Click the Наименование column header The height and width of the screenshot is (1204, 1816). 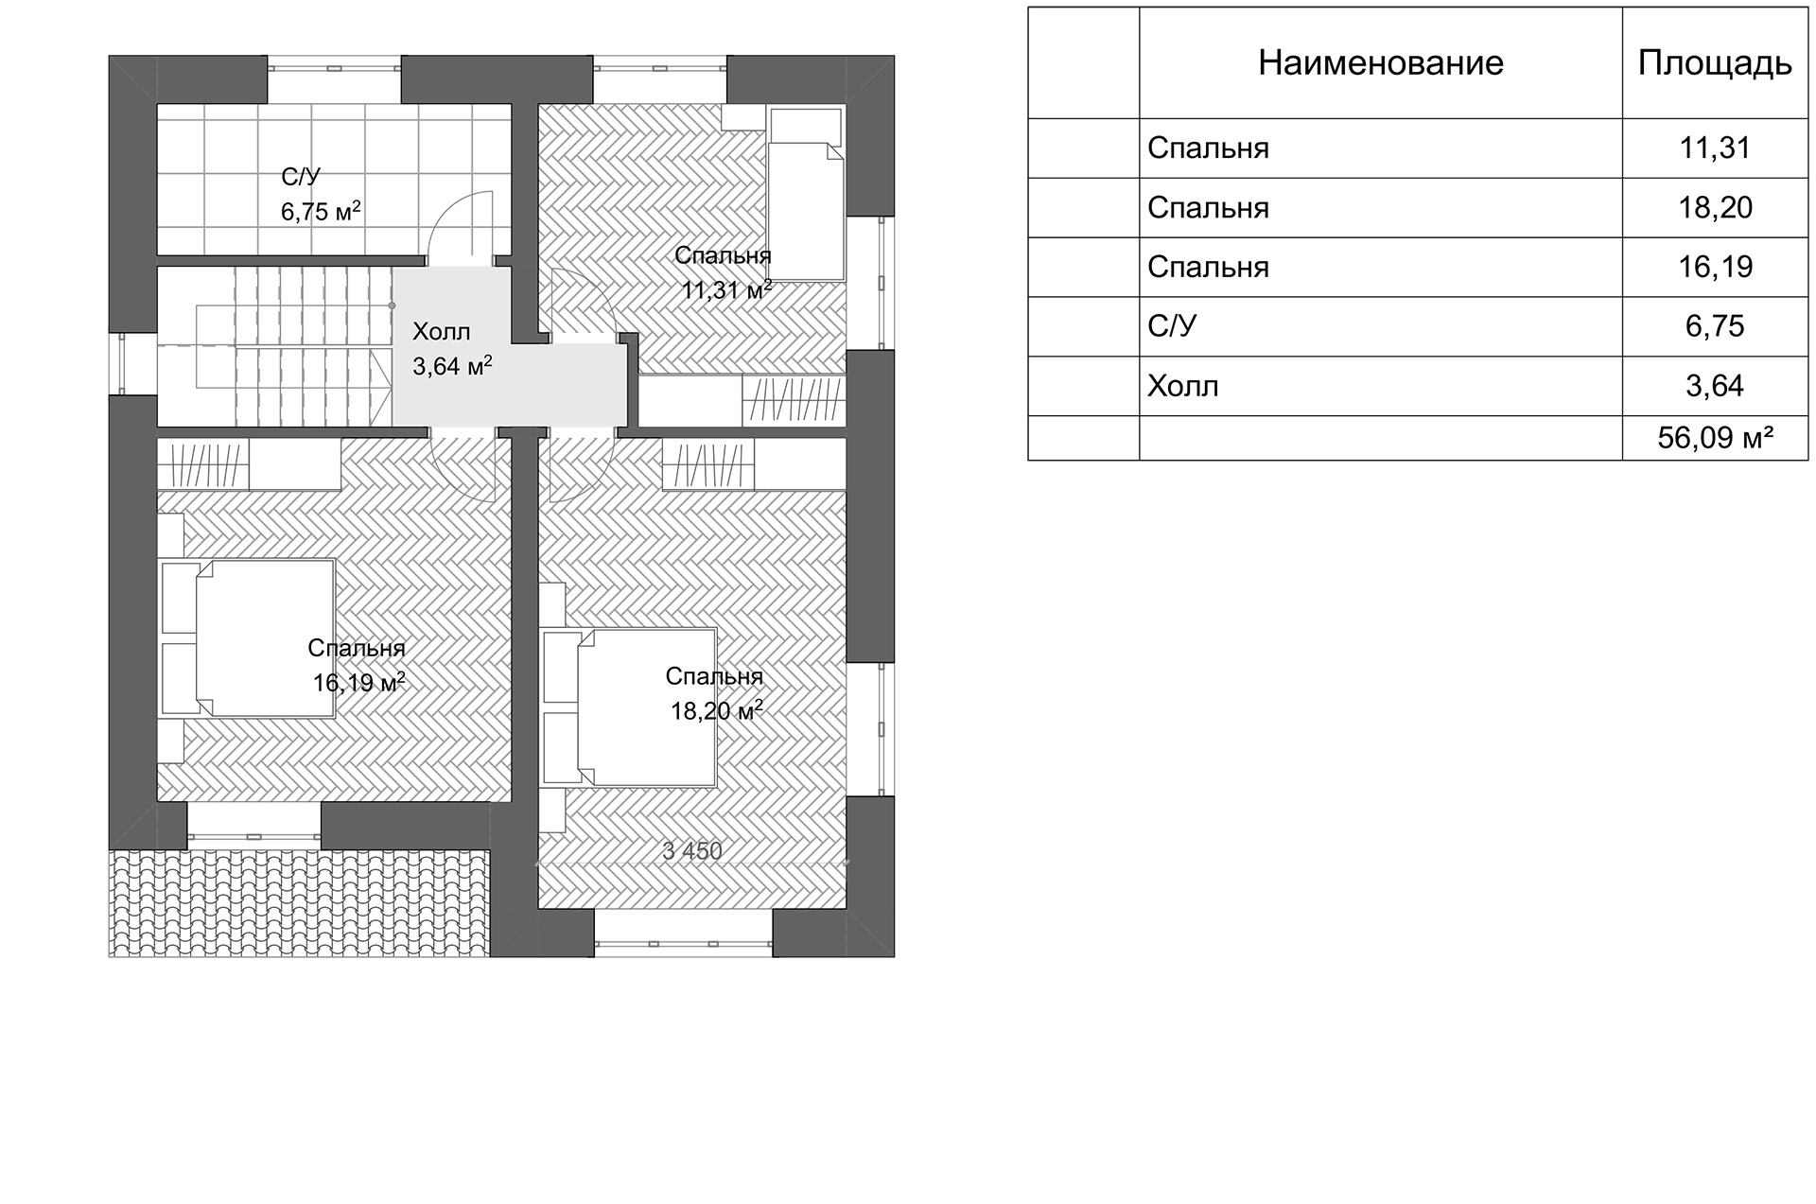(x=1380, y=63)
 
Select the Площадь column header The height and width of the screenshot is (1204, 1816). (x=1714, y=63)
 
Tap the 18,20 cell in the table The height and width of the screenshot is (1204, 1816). (x=1715, y=208)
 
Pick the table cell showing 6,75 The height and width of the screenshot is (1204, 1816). (x=1715, y=326)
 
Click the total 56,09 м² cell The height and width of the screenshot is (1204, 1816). (x=1715, y=438)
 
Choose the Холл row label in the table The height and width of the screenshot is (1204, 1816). (x=1182, y=386)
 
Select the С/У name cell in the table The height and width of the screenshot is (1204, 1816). (x=1172, y=326)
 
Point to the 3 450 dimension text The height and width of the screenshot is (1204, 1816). (x=692, y=851)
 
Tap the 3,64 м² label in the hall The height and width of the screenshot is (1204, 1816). (x=452, y=366)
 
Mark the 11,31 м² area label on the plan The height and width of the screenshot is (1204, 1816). (x=726, y=289)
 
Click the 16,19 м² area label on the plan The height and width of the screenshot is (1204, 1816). (x=359, y=682)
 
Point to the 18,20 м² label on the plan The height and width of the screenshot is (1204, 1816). (x=716, y=710)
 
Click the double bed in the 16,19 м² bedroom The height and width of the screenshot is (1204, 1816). (x=249, y=638)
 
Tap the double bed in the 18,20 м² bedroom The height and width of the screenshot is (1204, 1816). (x=630, y=707)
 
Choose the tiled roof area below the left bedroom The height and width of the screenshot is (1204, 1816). (x=300, y=903)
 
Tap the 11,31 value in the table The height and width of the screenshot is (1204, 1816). (x=1715, y=148)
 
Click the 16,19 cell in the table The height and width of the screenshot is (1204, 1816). (x=1715, y=268)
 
